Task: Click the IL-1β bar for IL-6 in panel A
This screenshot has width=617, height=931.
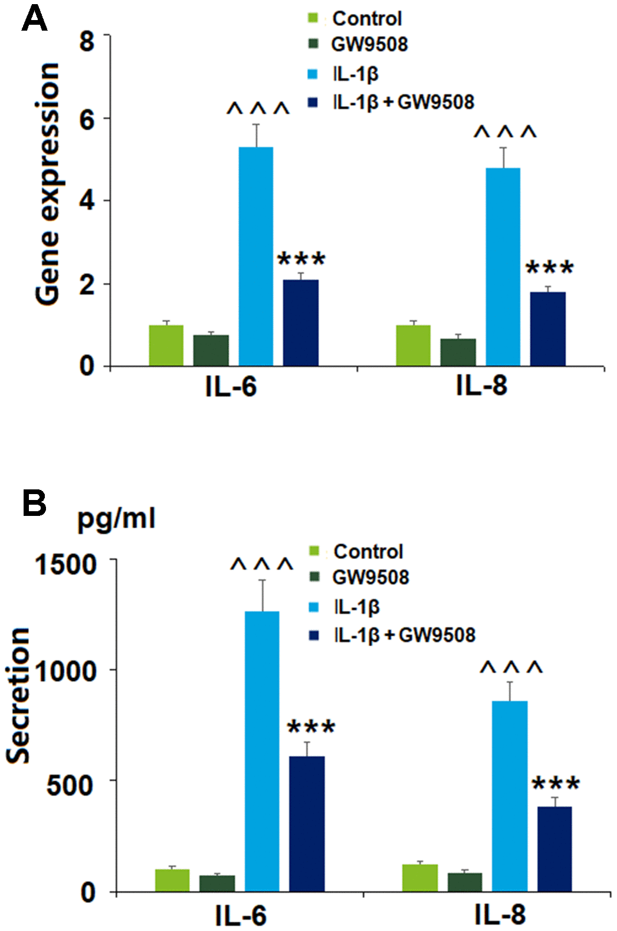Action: tap(255, 256)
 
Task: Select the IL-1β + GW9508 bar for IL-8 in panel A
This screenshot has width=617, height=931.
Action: tap(547, 329)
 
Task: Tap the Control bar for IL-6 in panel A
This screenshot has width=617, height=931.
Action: tap(166, 346)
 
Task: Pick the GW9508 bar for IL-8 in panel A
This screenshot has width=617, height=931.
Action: tap(458, 353)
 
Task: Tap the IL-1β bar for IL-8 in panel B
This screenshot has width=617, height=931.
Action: tap(510, 795)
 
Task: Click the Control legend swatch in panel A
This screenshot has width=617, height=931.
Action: tap(313, 19)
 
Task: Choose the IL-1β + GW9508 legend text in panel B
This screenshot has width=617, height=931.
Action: tap(405, 635)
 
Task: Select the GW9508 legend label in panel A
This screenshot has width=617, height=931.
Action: tap(369, 44)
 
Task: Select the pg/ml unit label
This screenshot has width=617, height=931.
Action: tap(117, 519)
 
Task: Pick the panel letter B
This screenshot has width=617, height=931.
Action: tap(34, 504)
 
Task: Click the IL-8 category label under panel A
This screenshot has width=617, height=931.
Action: tap(481, 387)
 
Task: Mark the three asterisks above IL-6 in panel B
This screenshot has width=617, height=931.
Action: tap(311, 728)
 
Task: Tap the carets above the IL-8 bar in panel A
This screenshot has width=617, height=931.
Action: tap(506, 132)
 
